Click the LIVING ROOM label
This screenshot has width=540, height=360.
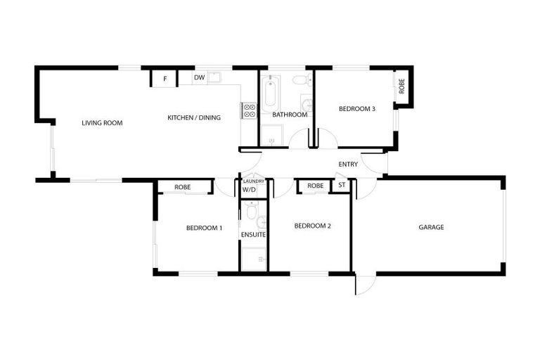coord(102,123)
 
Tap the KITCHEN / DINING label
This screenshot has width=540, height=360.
coord(194,117)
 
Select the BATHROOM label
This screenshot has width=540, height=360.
coord(290,115)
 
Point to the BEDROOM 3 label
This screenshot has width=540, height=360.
coord(357,109)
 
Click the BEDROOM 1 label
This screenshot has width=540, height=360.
coord(205,228)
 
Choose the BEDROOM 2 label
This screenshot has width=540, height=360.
coord(312,226)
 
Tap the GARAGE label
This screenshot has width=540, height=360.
coord(431,227)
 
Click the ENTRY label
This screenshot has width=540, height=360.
coord(348,165)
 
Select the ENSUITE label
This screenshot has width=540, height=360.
coord(253,234)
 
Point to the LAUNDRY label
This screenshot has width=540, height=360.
coord(253,181)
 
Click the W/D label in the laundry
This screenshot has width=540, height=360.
coord(249,190)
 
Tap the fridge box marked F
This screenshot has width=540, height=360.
coord(165,79)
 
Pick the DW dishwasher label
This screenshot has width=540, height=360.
coord(199,77)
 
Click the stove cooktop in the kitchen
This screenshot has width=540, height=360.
coord(250,110)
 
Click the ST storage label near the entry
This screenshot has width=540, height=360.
coord(342,186)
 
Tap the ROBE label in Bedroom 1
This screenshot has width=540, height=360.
coord(183,187)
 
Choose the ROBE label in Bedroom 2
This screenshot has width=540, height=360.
coord(316,186)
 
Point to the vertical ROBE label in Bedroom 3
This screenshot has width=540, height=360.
coord(402,86)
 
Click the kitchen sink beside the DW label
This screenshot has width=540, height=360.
coord(214,77)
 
